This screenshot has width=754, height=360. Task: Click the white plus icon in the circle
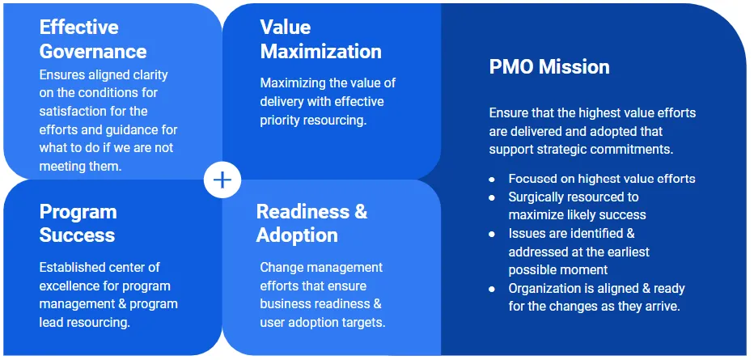[x=222, y=180]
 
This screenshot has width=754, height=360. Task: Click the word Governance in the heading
[x=93, y=52]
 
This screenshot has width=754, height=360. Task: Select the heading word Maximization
[x=320, y=52]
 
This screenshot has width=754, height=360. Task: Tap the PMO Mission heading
[x=549, y=67]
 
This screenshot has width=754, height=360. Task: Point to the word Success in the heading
[x=77, y=235]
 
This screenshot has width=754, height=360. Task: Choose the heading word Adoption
[x=297, y=235]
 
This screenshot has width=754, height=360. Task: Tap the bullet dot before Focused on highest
[x=492, y=180]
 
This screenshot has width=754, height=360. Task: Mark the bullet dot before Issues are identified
[x=492, y=235]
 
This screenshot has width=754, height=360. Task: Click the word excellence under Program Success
[x=70, y=286]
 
